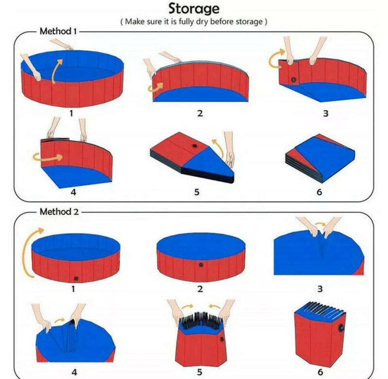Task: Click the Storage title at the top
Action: point(194,9)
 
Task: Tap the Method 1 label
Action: point(58,32)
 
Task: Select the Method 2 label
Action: point(59,212)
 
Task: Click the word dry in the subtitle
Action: point(202,22)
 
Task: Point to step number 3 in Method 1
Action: point(326,114)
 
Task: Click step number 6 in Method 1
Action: point(319,192)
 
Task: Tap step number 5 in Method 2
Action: point(199,372)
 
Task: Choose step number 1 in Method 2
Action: point(73,289)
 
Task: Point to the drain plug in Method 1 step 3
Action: point(293,80)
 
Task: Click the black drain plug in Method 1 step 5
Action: point(195,146)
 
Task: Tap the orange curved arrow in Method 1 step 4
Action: point(48,157)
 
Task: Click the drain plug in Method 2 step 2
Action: point(201,265)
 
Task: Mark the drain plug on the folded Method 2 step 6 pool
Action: point(341,328)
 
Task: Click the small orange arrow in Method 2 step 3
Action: point(320,224)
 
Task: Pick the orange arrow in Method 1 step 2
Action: point(155,88)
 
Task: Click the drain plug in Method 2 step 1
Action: point(76,278)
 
